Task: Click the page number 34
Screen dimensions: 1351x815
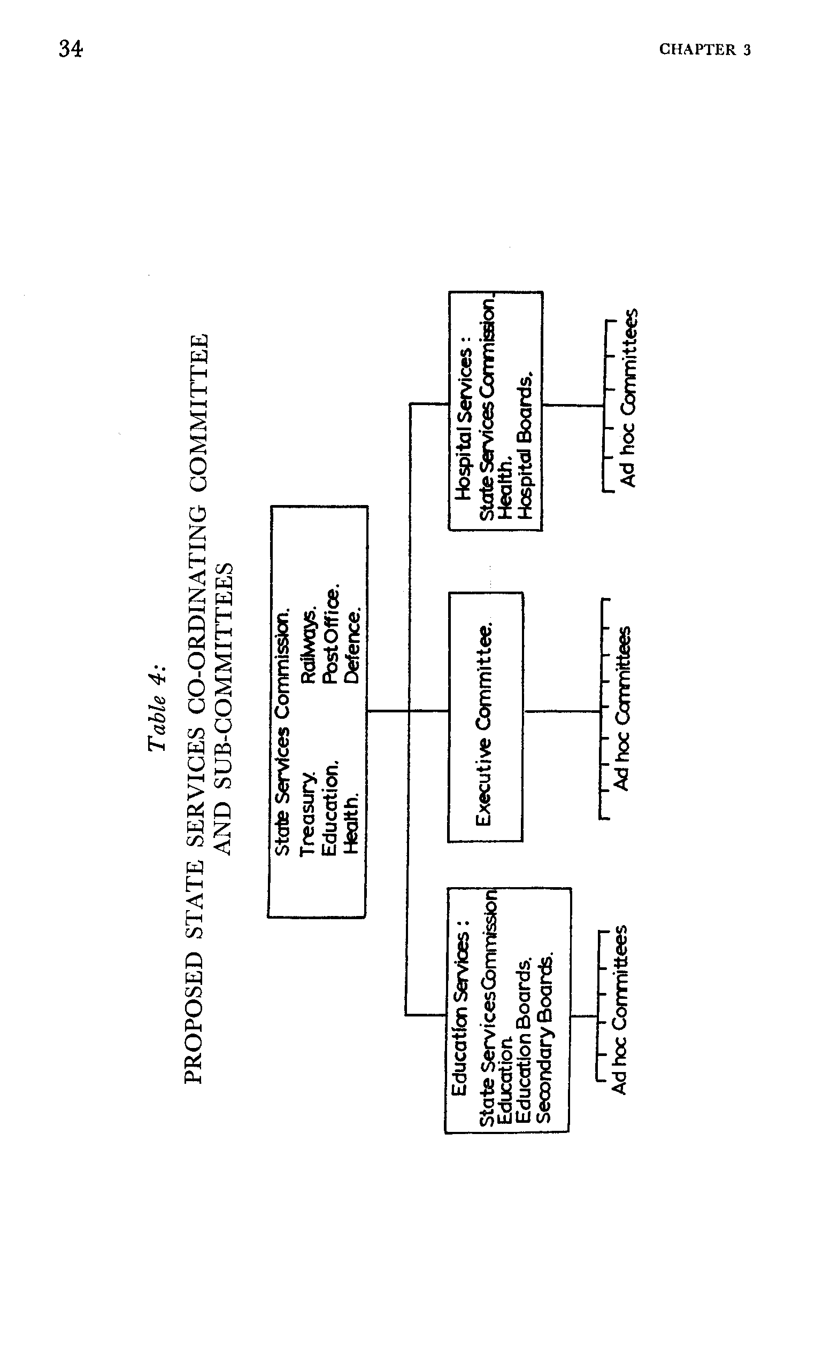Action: click(x=71, y=49)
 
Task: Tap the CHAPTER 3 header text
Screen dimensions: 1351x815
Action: click(x=704, y=50)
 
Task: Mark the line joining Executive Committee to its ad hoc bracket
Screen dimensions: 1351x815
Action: click(x=562, y=711)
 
